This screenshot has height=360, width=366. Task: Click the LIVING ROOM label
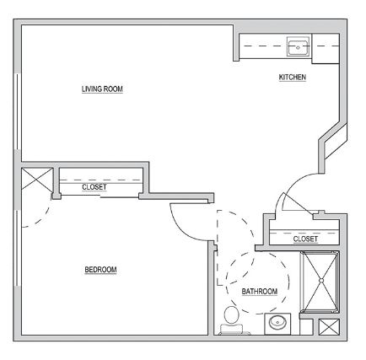click(102, 89)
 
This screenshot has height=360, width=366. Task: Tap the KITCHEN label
click(293, 77)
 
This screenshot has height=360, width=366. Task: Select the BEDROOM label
click(100, 270)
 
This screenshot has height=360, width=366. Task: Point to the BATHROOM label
click(260, 292)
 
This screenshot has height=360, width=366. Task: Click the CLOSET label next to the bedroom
click(94, 187)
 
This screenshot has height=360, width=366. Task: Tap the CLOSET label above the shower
click(305, 239)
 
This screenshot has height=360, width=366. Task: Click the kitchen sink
click(298, 46)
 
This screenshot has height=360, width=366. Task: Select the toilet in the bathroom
click(232, 320)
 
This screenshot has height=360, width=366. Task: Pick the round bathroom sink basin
click(277, 323)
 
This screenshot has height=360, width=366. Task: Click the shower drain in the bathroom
click(321, 280)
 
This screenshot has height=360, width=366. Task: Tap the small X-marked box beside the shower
click(329, 327)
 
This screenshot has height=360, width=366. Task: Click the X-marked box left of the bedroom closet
click(37, 179)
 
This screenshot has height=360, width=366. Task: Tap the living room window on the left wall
click(18, 111)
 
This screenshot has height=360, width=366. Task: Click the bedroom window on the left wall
click(18, 248)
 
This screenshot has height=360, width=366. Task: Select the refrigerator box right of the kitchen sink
click(326, 49)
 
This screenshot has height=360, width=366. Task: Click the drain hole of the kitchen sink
click(298, 47)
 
